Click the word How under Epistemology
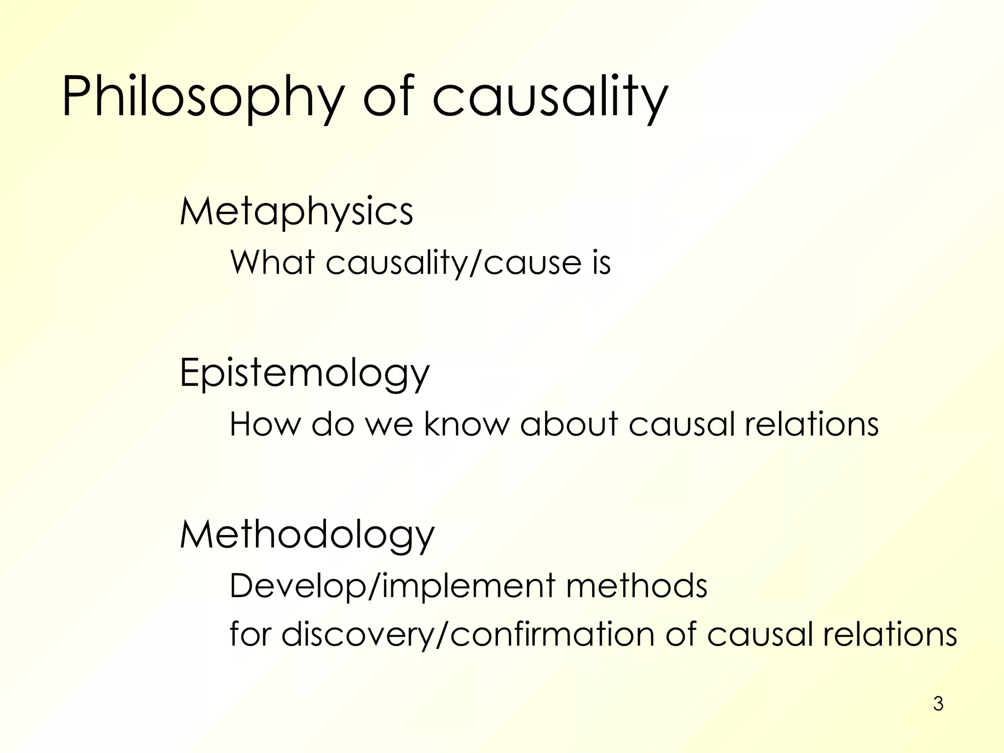click(265, 424)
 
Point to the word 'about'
click(569, 424)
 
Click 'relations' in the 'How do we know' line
click(811, 424)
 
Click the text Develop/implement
click(393, 587)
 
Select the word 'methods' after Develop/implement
click(637, 586)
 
